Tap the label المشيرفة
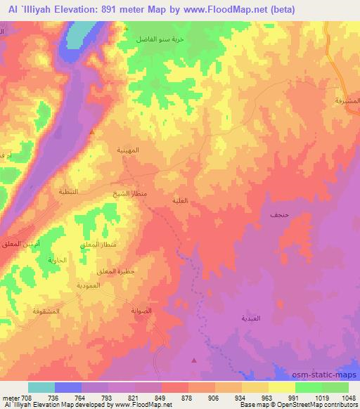coord(345,101)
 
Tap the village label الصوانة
coord(141,310)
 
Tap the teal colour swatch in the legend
coord(41,387)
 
